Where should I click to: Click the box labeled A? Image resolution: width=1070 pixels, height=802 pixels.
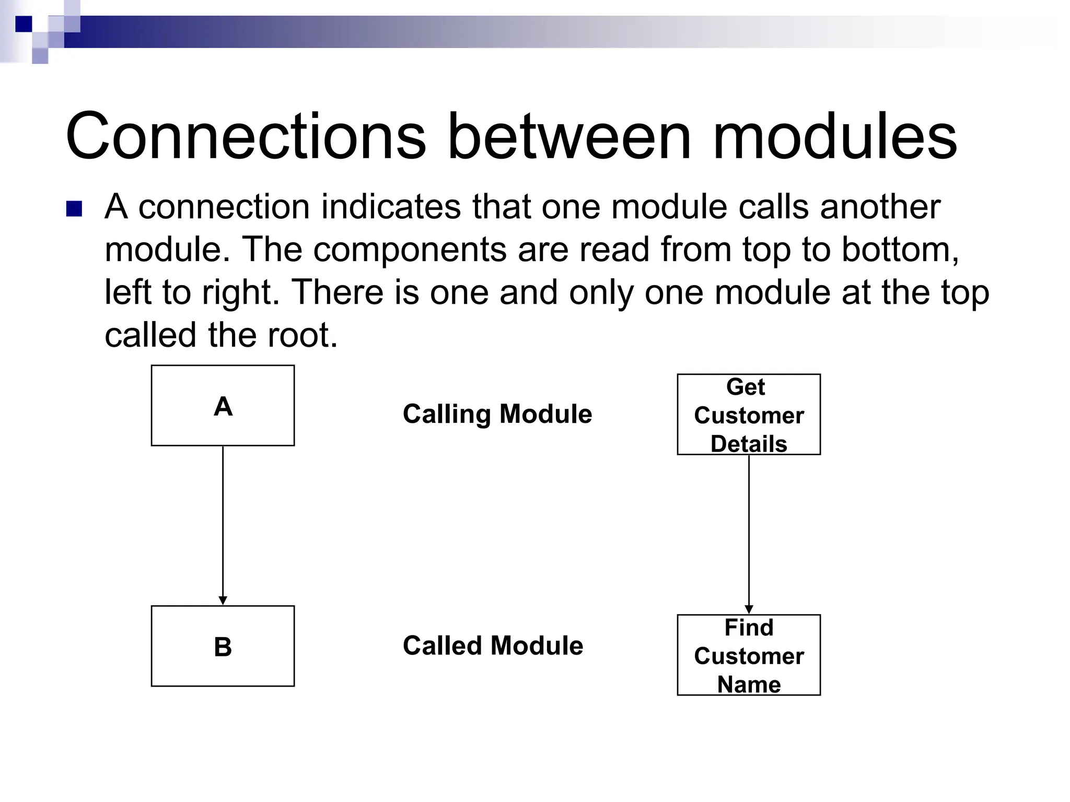pyautogui.click(x=223, y=406)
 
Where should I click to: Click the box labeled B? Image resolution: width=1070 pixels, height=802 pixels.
pyautogui.click(x=223, y=646)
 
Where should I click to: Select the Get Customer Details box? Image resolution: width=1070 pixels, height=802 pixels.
pyautogui.click(x=749, y=415)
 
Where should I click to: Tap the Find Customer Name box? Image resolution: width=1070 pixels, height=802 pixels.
pyautogui.click(x=749, y=655)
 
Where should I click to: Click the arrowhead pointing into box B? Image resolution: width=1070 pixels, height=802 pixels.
pyautogui.click(x=223, y=600)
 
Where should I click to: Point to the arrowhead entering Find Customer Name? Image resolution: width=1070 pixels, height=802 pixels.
pyautogui.click(x=749, y=609)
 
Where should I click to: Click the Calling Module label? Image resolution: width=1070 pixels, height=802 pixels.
pyautogui.click(x=497, y=414)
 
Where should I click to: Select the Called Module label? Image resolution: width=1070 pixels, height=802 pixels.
pyautogui.click(x=493, y=645)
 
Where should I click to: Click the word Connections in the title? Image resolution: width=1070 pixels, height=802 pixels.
pyautogui.click(x=246, y=137)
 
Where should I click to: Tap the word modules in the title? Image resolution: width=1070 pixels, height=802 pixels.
pyautogui.click(x=834, y=137)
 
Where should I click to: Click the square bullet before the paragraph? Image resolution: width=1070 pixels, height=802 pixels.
pyautogui.click(x=74, y=208)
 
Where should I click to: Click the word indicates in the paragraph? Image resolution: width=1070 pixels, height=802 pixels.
pyautogui.click(x=390, y=207)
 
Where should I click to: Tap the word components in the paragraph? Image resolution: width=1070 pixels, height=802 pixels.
pyautogui.click(x=410, y=249)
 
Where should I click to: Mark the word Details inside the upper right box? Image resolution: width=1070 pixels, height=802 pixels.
pyautogui.click(x=749, y=444)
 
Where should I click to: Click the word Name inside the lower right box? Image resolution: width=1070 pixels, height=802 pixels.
pyautogui.click(x=749, y=684)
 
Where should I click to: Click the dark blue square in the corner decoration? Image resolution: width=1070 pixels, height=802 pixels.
pyautogui.click(x=24, y=23)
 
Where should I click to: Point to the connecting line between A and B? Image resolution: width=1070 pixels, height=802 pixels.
pyautogui.click(x=223, y=522)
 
